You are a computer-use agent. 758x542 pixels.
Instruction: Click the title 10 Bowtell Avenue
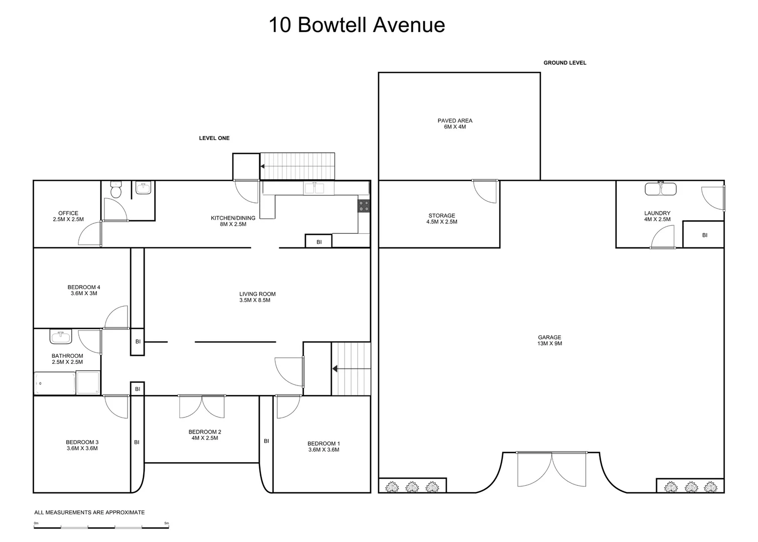(357, 25)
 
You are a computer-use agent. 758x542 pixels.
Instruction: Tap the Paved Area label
(455, 123)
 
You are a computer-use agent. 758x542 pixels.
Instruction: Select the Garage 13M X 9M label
(550, 341)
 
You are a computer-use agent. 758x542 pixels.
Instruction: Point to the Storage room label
(442, 218)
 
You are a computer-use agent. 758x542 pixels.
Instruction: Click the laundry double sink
(661, 189)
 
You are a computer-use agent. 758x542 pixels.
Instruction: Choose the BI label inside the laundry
(704, 235)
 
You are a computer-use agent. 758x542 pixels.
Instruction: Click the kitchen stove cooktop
(364, 206)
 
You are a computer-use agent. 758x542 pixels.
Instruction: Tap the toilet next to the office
(116, 190)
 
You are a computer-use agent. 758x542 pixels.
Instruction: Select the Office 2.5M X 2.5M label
(68, 216)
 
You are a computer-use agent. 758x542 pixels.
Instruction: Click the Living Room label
(257, 297)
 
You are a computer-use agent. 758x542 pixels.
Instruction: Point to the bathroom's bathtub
(54, 384)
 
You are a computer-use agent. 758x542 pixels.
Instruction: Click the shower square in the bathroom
(88, 383)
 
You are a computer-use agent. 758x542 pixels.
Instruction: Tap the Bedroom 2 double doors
(202, 406)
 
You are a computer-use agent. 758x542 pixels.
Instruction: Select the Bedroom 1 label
(323, 447)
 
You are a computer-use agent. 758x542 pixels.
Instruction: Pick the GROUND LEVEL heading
(565, 63)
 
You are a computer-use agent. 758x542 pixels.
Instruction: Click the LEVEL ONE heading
(214, 138)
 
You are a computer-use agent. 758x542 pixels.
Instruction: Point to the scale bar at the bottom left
(101, 526)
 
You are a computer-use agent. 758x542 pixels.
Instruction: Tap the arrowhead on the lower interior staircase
(335, 369)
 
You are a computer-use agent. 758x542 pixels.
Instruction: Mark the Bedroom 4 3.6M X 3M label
(83, 290)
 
